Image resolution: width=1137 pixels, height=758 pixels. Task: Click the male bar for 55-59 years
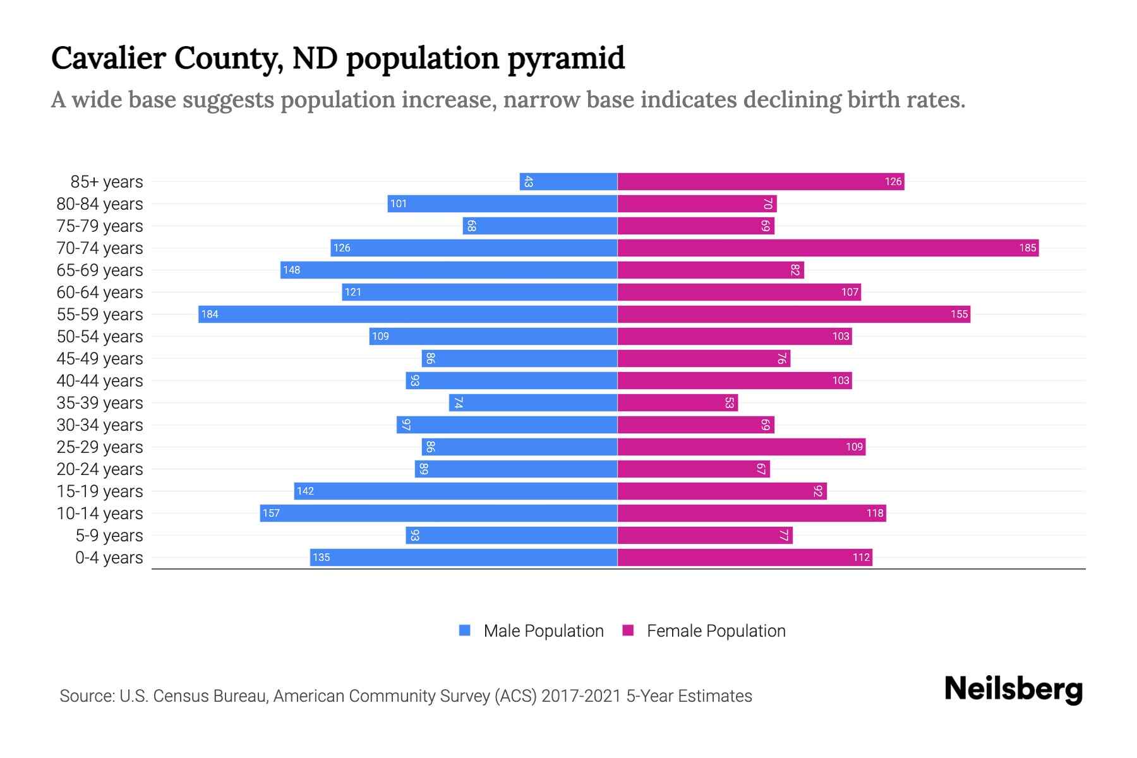pos(407,314)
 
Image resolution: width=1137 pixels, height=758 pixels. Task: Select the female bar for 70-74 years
pos(827,248)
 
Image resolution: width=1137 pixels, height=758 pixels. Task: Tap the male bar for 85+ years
pos(568,181)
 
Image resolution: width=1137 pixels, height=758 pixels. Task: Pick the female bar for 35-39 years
pos(677,402)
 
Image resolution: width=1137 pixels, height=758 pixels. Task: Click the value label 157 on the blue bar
pos(271,513)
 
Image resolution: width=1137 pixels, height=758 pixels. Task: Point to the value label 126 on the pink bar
pos(893,182)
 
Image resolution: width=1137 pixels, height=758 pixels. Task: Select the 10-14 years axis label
pos(100,513)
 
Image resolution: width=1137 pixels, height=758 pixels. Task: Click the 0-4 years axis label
pos(109,557)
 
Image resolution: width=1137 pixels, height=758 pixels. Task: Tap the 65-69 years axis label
pos(100,270)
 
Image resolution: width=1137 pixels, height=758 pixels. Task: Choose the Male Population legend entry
pos(543,630)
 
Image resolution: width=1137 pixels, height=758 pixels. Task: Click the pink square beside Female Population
pos(628,630)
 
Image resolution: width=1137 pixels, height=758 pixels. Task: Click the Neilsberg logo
pos(1013,689)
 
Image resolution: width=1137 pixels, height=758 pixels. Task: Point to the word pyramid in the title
pos(566,58)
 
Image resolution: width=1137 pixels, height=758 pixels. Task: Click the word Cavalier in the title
pos(107,58)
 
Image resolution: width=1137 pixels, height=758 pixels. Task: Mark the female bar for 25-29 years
pos(741,447)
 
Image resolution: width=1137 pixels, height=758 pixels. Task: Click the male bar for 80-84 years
pos(502,203)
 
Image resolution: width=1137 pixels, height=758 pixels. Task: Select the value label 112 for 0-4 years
pos(861,557)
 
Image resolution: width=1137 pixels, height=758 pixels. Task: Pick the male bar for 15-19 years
pos(455,491)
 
